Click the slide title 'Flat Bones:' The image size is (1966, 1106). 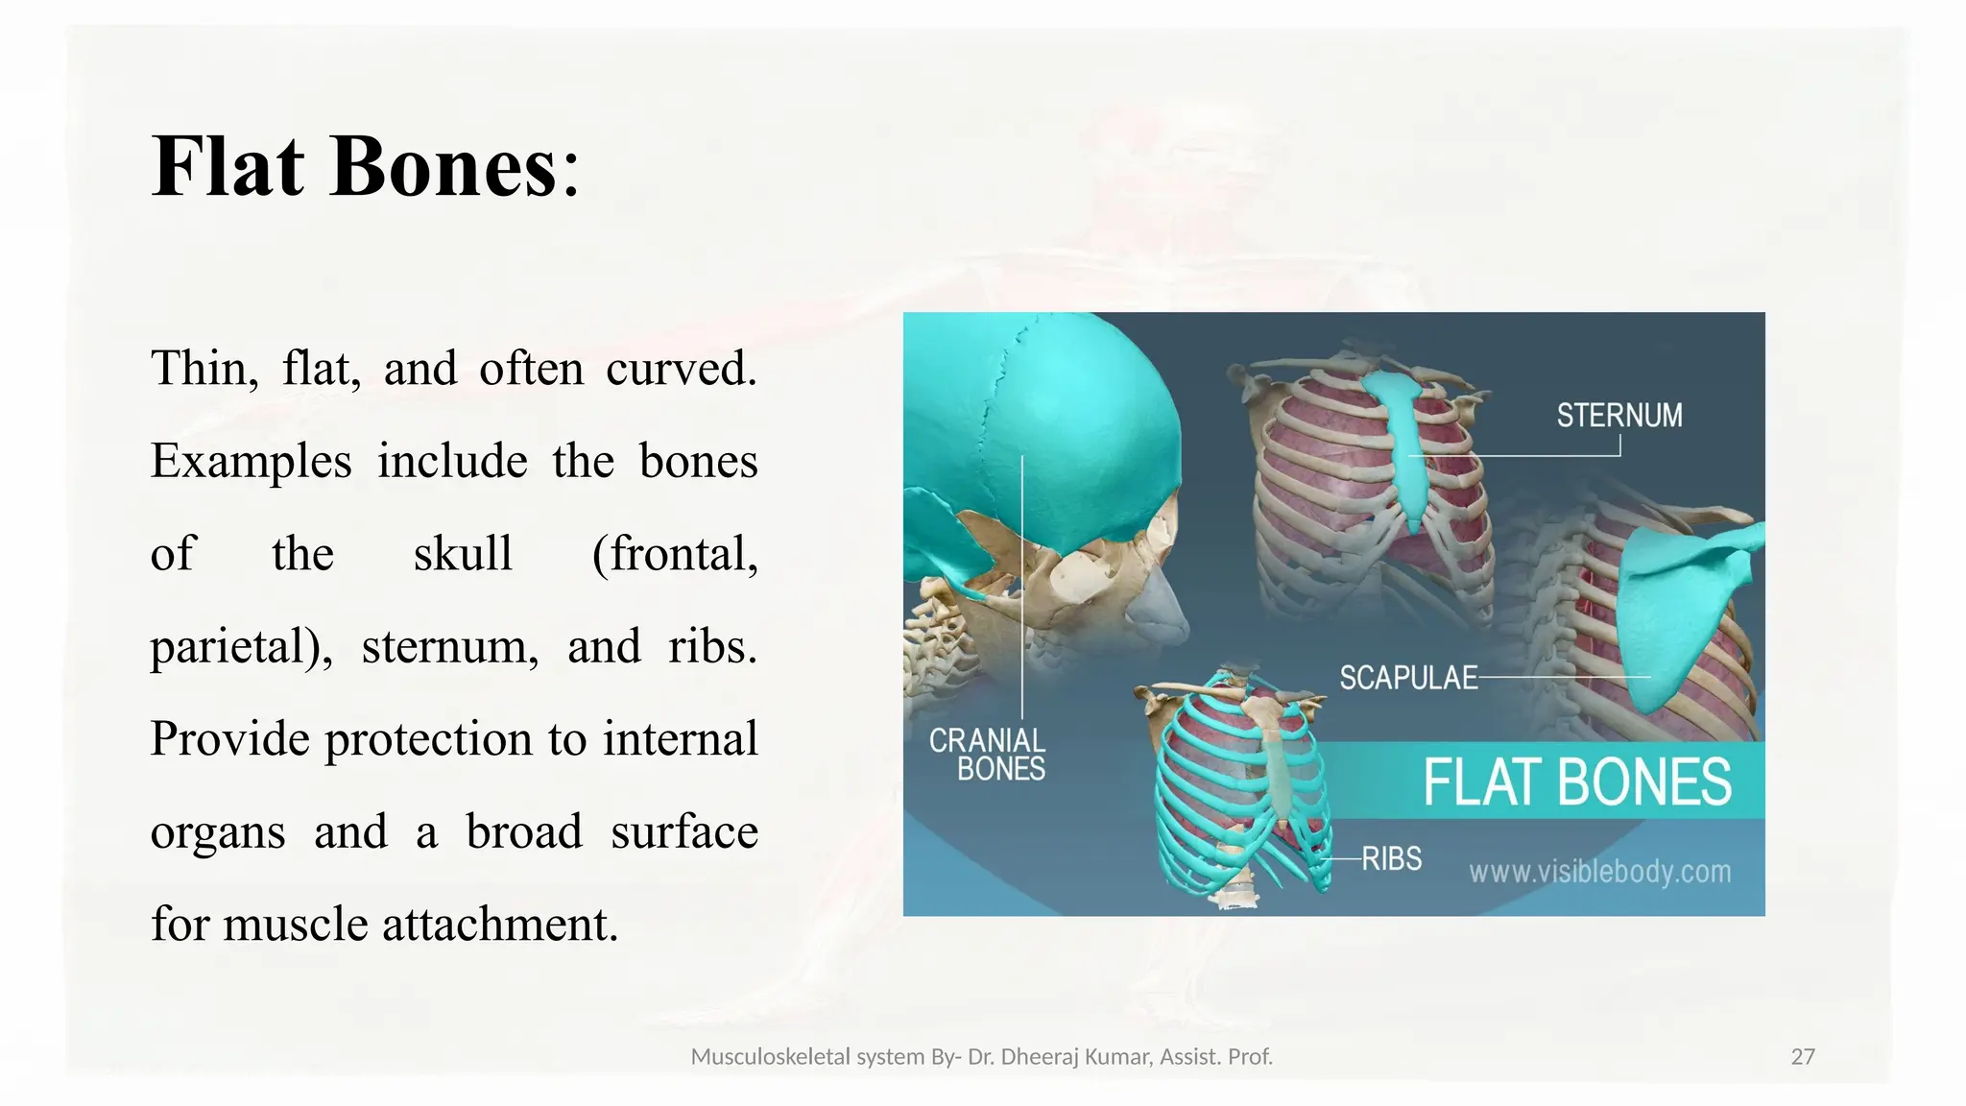[x=366, y=167]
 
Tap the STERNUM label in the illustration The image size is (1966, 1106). [x=1618, y=416]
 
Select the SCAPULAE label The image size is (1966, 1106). [x=1408, y=678]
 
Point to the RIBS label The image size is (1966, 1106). [x=1391, y=858]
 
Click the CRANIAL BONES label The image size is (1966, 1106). [x=989, y=755]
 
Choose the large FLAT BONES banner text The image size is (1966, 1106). [x=1577, y=781]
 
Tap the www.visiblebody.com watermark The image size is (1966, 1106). [x=1599, y=872]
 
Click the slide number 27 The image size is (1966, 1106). [x=1803, y=1057]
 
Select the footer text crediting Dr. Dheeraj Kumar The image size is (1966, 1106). [x=981, y=1057]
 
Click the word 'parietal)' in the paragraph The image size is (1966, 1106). [x=241, y=647]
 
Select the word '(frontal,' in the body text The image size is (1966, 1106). [x=675, y=554]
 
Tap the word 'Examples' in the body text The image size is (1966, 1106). [x=252, y=462]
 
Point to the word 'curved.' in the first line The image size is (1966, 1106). [x=681, y=369]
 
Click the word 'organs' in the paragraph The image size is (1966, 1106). [x=218, y=832]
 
